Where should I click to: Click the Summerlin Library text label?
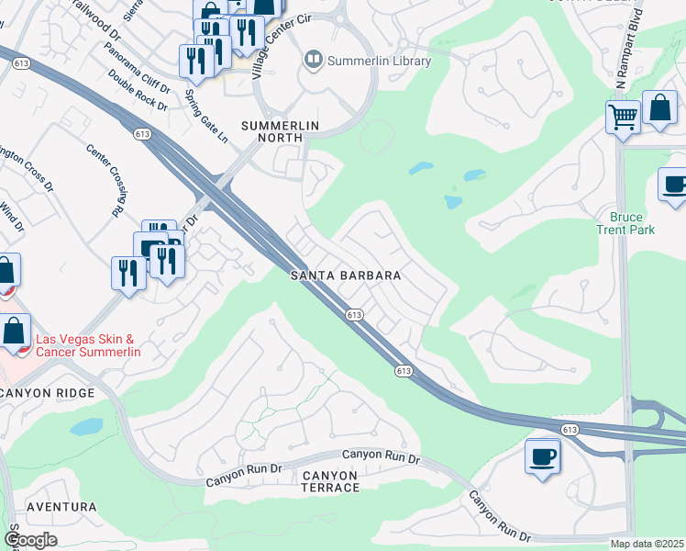pos(380,61)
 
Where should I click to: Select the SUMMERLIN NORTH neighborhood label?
pos(271,131)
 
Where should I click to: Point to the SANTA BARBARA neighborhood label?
pos(346,275)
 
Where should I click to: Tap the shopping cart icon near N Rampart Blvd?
pos(623,118)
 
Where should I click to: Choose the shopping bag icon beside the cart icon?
pos(659,107)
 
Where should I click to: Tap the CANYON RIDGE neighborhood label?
pos(49,393)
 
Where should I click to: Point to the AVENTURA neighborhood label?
pos(61,507)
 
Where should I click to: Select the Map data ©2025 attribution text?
pos(646,544)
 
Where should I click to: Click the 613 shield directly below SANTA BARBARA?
pos(355,315)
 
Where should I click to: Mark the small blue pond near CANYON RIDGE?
pos(86,427)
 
